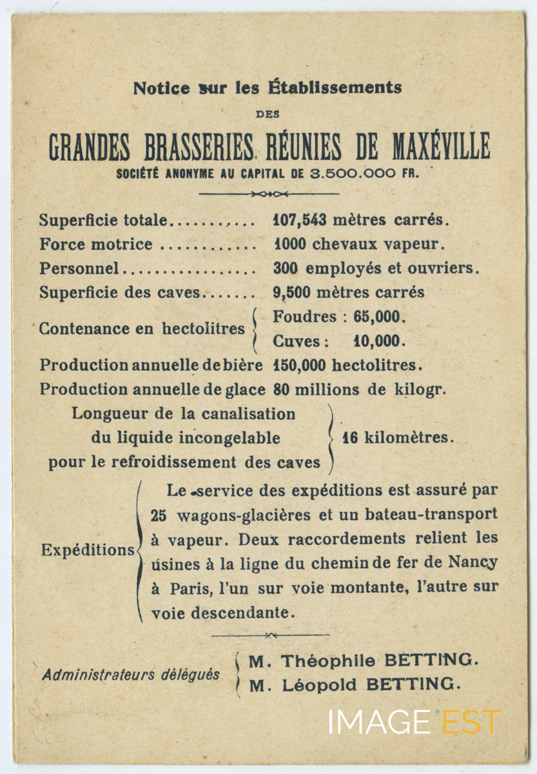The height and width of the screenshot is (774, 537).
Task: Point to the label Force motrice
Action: [96, 244]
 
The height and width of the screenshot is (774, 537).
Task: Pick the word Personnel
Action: [79, 268]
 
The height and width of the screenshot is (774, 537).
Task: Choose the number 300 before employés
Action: [286, 268]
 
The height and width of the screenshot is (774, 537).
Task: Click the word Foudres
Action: [305, 317]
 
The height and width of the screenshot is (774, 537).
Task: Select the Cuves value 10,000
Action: [380, 341]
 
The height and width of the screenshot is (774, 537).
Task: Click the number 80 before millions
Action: [282, 390]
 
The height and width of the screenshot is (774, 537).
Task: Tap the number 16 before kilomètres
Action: [350, 438]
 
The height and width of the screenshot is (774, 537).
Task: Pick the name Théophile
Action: [328, 660]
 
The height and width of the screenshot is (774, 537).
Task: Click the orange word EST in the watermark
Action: [471, 721]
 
